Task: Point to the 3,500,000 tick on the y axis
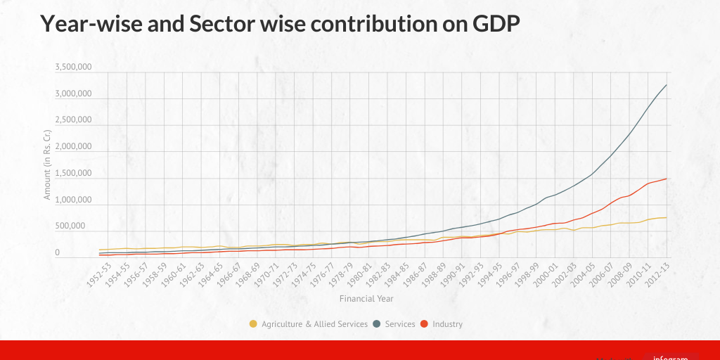(73, 67)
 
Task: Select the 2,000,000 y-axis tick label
(73, 146)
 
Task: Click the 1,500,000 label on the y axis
(73, 173)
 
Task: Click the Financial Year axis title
(366, 298)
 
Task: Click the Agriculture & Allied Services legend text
(314, 324)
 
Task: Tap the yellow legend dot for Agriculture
(253, 324)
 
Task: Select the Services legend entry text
(400, 324)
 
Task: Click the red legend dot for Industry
(424, 324)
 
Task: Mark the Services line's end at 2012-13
(667, 85)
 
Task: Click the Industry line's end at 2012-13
(667, 179)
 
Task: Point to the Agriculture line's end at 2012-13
(667, 217)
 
